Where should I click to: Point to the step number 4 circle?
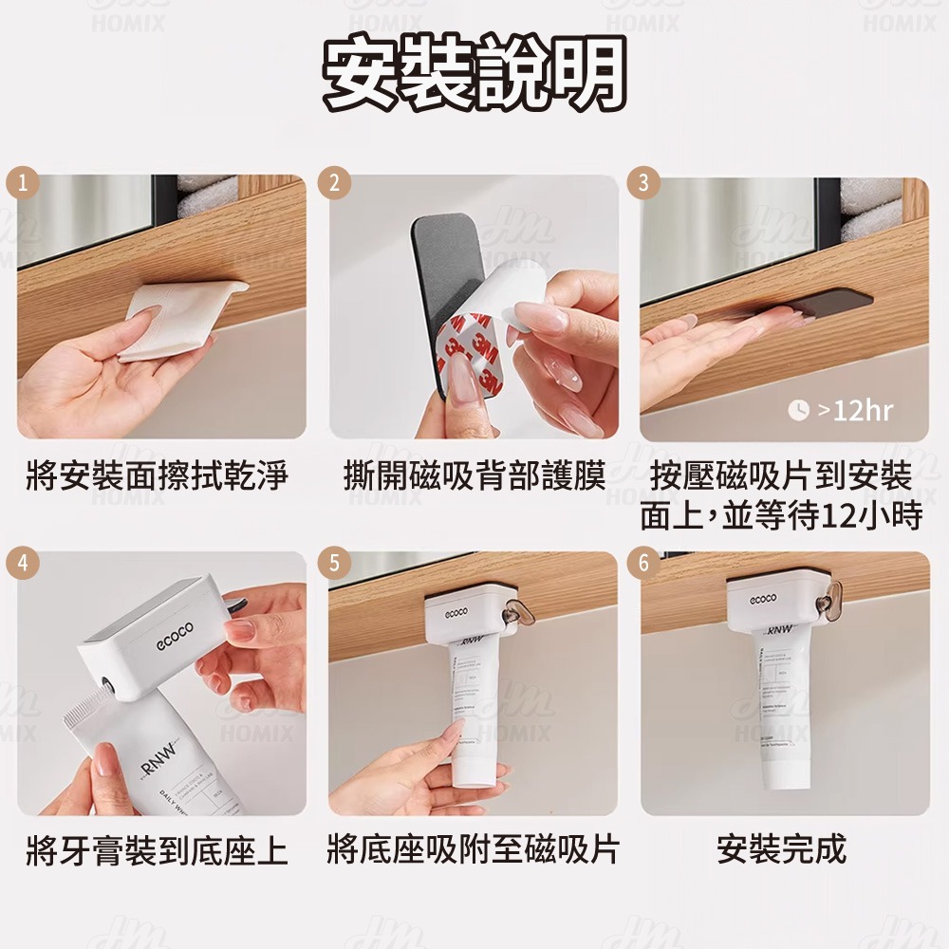click(21, 562)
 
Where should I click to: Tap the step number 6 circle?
click(644, 562)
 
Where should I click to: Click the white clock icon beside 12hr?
click(799, 410)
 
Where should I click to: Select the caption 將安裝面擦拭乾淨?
click(158, 475)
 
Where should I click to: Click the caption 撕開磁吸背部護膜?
click(474, 475)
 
